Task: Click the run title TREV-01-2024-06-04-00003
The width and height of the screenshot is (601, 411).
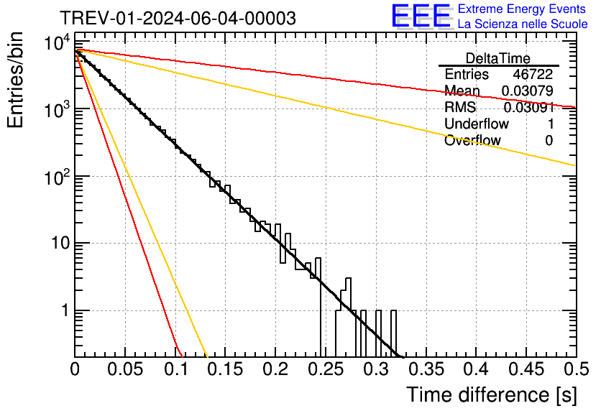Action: (x=177, y=18)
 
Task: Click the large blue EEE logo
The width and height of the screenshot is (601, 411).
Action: (x=421, y=16)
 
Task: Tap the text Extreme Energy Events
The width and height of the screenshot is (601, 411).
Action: (x=521, y=9)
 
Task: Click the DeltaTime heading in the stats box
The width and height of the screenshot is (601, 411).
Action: (x=498, y=58)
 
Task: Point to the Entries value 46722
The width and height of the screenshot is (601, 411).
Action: (x=533, y=75)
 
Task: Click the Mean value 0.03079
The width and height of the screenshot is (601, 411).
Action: (x=527, y=91)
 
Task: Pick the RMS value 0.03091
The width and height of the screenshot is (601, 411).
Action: (x=528, y=108)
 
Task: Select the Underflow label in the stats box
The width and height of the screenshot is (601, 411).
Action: (x=476, y=124)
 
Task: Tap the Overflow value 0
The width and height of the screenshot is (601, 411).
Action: (x=549, y=141)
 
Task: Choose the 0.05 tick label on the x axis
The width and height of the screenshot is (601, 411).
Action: (x=125, y=369)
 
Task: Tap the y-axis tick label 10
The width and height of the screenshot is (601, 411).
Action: (x=57, y=244)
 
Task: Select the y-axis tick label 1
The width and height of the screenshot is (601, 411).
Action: (x=63, y=311)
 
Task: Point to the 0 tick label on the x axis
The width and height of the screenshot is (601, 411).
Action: (x=75, y=369)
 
